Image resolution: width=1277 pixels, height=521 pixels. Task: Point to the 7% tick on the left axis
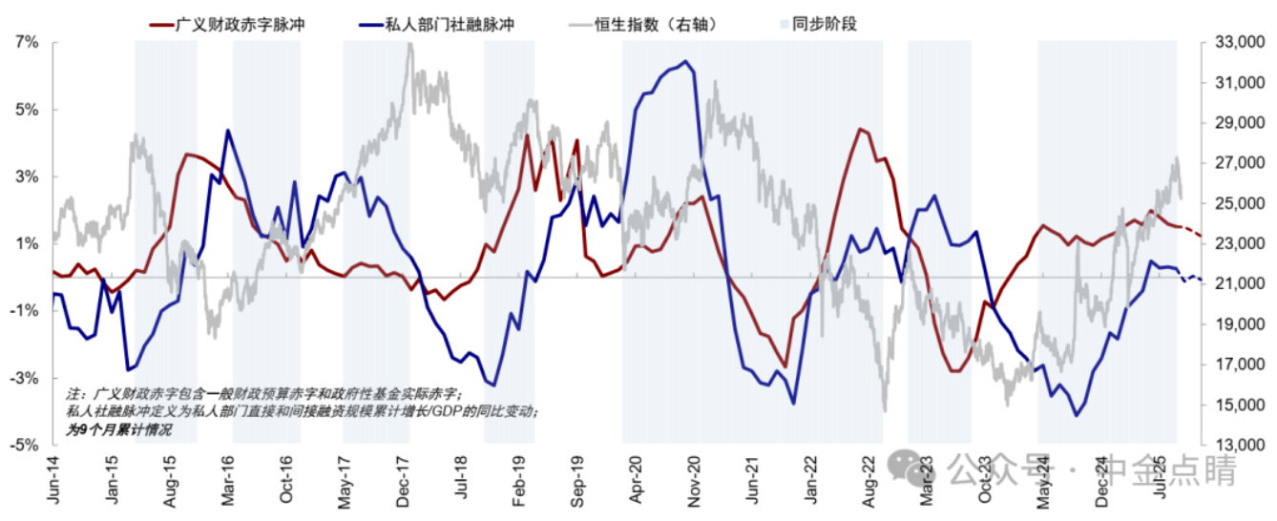click(x=26, y=43)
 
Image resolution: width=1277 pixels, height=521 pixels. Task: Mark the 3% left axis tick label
click(x=26, y=177)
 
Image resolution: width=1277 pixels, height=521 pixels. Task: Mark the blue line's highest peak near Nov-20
click(x=686, y=61)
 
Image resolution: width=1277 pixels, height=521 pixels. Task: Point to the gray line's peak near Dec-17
click(x=410, y=45)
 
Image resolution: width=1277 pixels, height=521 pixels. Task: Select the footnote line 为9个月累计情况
click(x=119, y=430)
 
